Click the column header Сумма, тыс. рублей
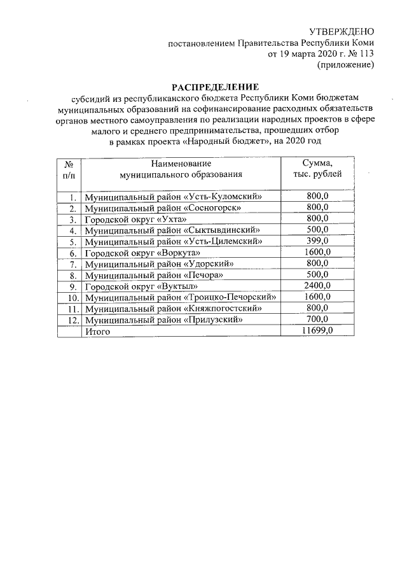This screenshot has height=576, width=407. (316, 169)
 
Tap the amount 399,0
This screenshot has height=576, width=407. (317, 241)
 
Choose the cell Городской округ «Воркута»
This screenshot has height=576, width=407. (137, 253)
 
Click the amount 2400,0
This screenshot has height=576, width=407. (317, 286)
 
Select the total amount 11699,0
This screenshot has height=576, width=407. (317, 332)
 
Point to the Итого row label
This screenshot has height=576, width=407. (98, 332)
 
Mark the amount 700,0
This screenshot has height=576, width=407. (317, 320)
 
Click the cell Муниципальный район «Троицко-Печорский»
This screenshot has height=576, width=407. (183, 297)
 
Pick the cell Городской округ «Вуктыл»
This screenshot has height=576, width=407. (135, 286)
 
